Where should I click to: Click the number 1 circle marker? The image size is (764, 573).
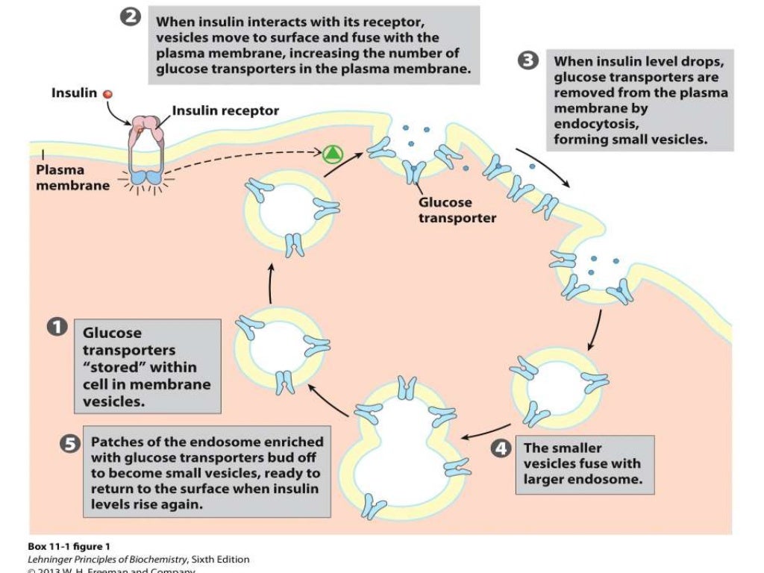coord(56,329)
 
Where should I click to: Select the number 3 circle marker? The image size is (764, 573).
coord(528,61)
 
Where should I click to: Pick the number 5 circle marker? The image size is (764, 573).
coord(69,443)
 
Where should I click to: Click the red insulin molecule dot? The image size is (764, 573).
coord(107,94)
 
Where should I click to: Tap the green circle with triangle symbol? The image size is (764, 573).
coord(332,154)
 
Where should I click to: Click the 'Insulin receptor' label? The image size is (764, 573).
coord(225,111)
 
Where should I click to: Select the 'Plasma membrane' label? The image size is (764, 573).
coord(72,178)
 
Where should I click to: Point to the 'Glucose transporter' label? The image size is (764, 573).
coord(457,210)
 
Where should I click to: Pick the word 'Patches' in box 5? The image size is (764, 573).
coord(116,442)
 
